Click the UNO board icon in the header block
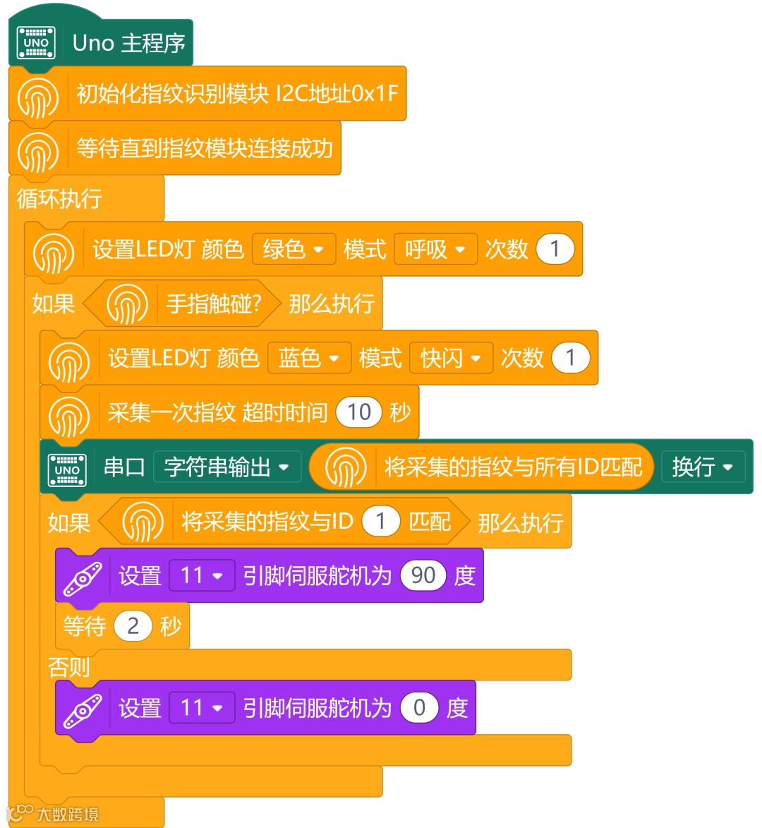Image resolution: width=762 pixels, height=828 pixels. click(36, 42)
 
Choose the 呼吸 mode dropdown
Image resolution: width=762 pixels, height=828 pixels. click(435, 249)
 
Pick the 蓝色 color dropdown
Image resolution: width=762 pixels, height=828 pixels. click(309, 358)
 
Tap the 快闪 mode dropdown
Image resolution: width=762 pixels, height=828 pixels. click(451, 358)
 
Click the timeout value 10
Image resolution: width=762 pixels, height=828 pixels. click(359, 412)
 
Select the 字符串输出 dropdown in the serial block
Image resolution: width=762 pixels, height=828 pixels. click(226, 467)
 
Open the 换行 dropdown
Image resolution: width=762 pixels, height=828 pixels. click(703, 467)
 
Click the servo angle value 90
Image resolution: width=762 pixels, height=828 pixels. click(423, 576)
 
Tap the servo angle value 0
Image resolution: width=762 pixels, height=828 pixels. click(420, 707)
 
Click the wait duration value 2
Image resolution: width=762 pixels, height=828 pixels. click(133, 626)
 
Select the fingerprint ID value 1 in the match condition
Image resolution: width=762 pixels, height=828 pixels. click(381, 522)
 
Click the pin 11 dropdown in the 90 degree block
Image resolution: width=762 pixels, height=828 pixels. click(202, 576)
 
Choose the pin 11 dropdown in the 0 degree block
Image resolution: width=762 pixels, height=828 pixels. click(202, 707)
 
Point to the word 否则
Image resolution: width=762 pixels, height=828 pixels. click(68, 667)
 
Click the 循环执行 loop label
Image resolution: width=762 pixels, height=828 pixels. click(59, 199)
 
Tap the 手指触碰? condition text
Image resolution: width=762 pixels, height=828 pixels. click(214, 304)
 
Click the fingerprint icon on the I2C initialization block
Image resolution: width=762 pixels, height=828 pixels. click(38, 95)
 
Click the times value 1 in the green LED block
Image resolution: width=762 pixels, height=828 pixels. click(555, 249)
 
